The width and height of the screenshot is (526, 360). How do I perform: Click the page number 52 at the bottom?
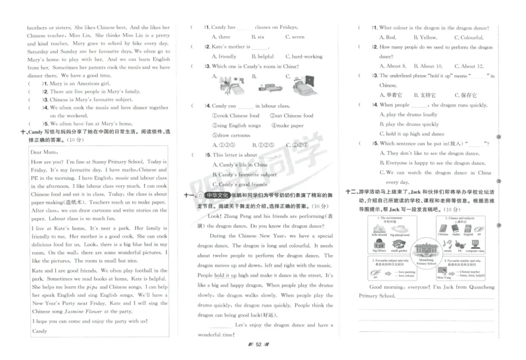click(x=259, y=344)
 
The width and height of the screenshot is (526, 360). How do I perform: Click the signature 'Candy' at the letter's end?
click(x=39, y=330)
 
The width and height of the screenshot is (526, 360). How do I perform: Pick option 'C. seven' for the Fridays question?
click(x=294, y=37)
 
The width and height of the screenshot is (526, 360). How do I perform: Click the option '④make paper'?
click(x=288, y=125)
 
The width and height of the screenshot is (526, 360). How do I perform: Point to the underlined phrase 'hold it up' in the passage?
click(x=225, y=275)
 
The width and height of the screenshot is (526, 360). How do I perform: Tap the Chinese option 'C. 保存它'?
click(x=464, y=95)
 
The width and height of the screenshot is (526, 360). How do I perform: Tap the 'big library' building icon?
click(x=379, y=246)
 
